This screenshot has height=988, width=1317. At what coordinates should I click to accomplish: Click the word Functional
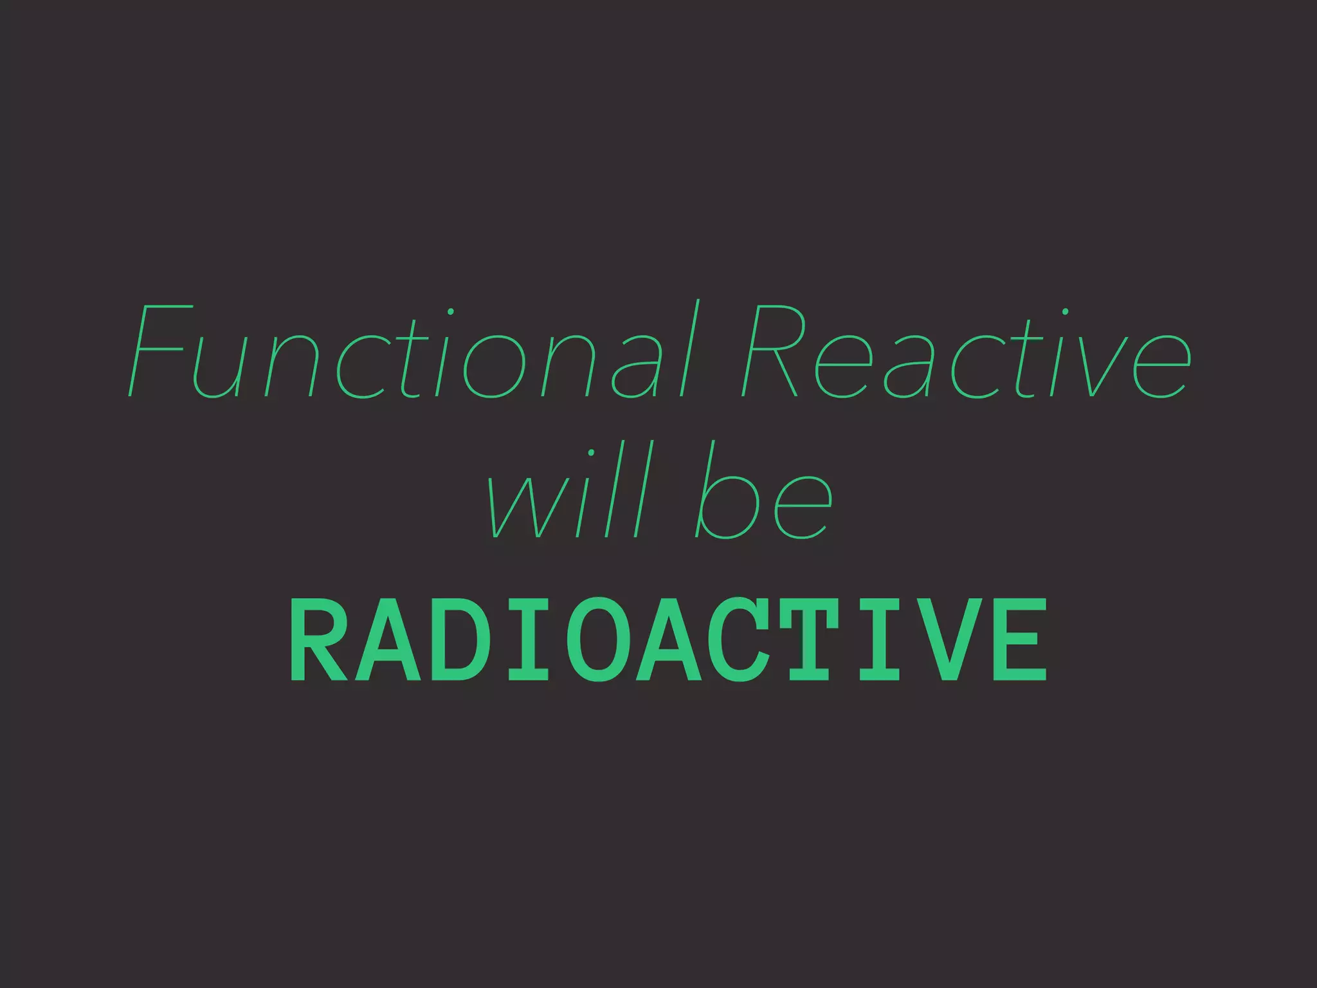click(412, 351)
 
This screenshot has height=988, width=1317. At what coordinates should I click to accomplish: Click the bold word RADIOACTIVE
click(669, 640)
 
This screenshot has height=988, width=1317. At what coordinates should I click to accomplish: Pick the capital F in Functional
click(158, 351)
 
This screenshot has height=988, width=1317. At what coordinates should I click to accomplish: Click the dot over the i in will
click(591, 453)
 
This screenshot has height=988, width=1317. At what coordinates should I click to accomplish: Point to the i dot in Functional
click(451, 312)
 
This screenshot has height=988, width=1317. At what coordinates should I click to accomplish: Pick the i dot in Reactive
click(1066, 312)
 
